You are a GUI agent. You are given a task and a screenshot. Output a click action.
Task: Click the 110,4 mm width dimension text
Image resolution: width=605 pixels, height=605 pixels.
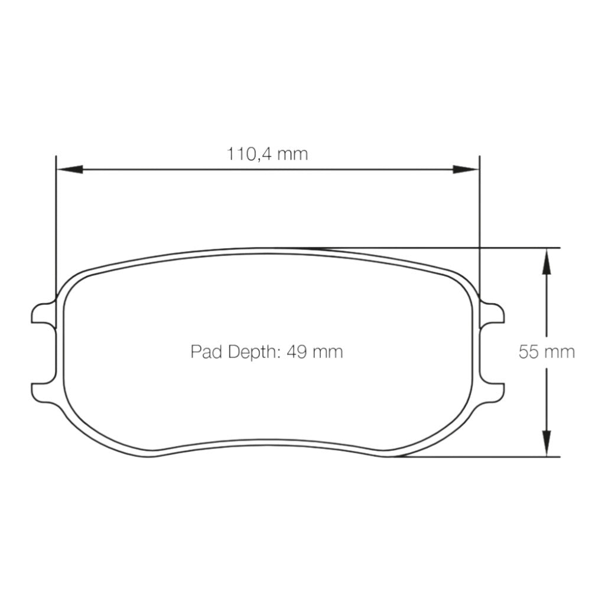coord(268,154)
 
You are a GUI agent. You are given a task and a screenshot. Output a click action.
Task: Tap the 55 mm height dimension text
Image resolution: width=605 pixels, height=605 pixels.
coord(547,352)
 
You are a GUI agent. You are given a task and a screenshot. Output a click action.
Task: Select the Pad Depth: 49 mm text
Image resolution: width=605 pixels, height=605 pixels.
coord(266,352)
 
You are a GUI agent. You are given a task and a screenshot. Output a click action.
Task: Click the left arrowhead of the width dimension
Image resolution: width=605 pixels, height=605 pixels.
coord(68,170)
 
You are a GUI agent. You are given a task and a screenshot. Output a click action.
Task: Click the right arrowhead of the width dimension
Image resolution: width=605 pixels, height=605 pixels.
coord(466,170)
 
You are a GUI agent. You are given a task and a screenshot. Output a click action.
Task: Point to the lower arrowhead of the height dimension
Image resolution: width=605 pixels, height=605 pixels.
coord(547,444)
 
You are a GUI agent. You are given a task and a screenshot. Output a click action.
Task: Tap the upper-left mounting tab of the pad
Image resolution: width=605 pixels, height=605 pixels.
coord(43,313)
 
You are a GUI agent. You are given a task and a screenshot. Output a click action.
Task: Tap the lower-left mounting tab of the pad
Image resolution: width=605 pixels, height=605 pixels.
coord(43,391)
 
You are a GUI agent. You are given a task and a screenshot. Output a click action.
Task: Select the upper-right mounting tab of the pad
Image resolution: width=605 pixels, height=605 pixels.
coord(493,313)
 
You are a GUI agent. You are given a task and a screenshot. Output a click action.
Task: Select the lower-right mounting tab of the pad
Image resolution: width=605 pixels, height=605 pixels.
coord(493,391)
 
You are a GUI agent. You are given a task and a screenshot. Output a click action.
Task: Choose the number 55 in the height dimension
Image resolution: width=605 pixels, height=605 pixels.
coord(529,352)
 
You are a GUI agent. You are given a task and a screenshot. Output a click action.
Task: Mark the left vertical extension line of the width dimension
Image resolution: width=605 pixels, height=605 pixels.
coord(55,225)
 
